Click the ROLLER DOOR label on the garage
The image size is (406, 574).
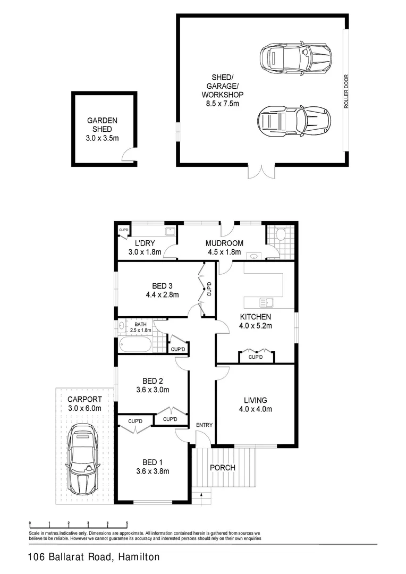pos(345,91)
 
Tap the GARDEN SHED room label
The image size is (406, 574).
pos(102,125)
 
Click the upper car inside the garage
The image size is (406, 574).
pos(295,56)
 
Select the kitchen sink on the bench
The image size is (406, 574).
pos(264,303)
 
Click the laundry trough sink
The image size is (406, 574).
pos(170,231)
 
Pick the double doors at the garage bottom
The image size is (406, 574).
pos(261,171)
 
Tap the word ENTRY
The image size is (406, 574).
pos(204,425)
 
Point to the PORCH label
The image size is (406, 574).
pos(222,468)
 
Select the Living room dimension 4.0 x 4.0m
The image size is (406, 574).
pos(255,409)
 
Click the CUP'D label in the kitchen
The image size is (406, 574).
pos(256,357)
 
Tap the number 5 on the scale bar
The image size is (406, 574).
pos(126,523)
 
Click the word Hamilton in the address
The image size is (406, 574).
pos(136,558)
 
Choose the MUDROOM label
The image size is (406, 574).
pos(224,243)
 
